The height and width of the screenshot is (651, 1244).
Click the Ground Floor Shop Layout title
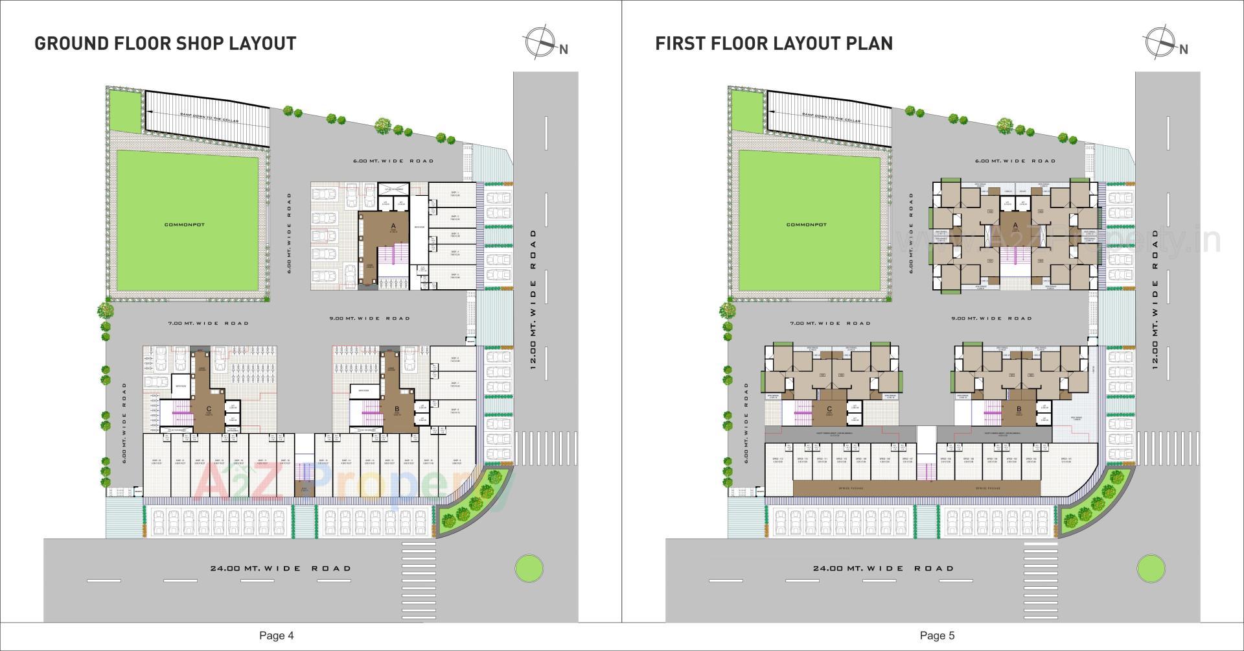coord(165,43)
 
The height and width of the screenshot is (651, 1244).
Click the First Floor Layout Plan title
coord(774,43)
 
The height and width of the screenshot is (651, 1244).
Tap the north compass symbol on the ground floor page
coord(540,43)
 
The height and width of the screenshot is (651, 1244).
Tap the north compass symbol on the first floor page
coord(1161,43)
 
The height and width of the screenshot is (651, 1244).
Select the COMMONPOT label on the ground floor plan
coord(185,224)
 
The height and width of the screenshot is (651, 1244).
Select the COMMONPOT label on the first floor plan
coord(806,224)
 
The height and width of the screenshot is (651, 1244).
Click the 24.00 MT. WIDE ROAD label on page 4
coord(281,569)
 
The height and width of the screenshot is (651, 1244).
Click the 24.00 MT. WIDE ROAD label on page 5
coord(884,569)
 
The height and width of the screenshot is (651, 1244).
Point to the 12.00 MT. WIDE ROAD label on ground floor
coord(533,298)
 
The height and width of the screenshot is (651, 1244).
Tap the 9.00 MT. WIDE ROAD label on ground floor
coord(369,318)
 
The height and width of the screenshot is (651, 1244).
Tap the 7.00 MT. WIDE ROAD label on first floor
coord(829,323)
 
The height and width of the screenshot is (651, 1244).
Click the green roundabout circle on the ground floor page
coord(529,569)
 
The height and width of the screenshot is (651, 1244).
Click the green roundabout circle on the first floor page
coord(1150,569)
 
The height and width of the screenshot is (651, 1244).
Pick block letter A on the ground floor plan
coord(393,226)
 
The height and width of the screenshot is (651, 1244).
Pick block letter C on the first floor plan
coord(829,409)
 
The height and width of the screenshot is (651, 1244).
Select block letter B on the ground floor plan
coord(397,409)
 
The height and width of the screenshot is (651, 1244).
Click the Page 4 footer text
coord(276,635)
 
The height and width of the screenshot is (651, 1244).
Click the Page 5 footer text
coord(937,635)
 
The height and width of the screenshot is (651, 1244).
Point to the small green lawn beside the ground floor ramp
coord(124,112)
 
